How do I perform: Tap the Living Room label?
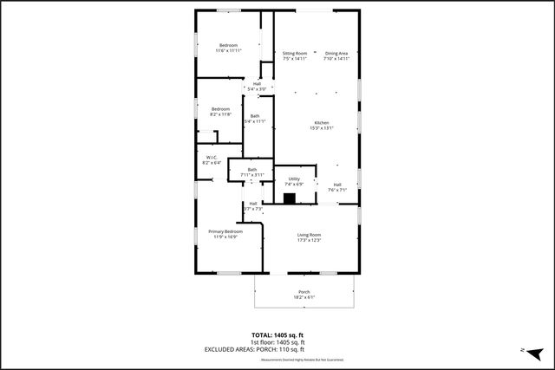(x=310, y=235)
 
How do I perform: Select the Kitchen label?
(x=322, y=122)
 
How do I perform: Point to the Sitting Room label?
(x=295, y=54)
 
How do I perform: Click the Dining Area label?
(x=336, y=54)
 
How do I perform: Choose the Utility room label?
(x=294, y=179)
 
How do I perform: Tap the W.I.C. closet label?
(x=211, y=157)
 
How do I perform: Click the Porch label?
(x=304, y=291)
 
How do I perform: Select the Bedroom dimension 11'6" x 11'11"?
(x=228, y=51)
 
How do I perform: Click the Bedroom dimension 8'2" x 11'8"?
(x=220, y=114)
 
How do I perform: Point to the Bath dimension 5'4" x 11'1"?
(x=254, y=122)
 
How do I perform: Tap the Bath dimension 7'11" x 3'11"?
(x=252, y=175)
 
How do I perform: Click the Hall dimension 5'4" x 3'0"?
(x=258, y=89)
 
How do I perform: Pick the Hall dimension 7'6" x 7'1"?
(x=337, y=190)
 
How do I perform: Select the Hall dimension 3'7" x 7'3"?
(x=253, y=209)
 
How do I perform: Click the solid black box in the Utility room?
(x=291, y=197)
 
